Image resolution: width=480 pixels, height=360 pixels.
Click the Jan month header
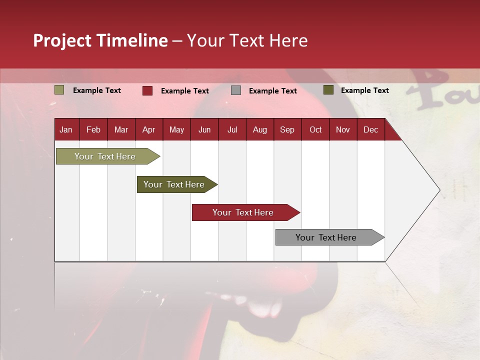(66, 130)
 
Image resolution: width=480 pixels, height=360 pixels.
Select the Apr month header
(148, 130)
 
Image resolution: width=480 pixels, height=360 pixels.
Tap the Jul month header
(232, 130)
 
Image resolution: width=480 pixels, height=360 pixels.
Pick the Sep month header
(287, 130)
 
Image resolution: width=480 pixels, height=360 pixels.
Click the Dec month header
(370, 130)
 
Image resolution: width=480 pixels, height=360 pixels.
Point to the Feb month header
(93, 130)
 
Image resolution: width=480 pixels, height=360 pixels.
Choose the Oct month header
(315, 130)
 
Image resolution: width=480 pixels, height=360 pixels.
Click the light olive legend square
(59, 90)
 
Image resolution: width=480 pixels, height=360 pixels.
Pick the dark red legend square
(147, 90)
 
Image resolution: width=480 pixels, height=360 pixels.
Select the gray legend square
(236, 90)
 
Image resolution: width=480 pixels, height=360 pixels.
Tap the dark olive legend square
(328, 90)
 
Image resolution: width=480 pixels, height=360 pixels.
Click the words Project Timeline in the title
(100, 40)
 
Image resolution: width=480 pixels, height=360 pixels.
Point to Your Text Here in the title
(247, 40)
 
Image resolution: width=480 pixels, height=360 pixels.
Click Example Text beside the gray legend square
(272, 91)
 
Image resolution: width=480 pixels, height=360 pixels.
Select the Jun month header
(204, 130)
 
